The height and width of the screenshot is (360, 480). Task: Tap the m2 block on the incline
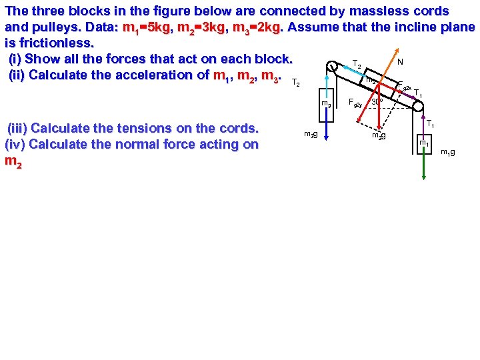tap(371, 80)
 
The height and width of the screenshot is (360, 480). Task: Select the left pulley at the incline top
tap(332, 66)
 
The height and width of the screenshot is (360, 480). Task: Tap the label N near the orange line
tap(399, 61)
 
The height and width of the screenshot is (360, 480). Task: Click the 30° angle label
tap(377, 102)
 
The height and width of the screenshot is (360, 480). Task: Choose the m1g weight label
tap(448, 153)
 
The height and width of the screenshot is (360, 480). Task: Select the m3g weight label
tap(310, 135)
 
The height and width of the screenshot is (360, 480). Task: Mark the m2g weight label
tap(379, 136)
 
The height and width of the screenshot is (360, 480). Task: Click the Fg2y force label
tap(355, 103)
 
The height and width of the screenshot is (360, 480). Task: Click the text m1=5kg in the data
tap(148, 27)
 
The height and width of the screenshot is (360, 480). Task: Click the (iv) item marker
tap(16, 145)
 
